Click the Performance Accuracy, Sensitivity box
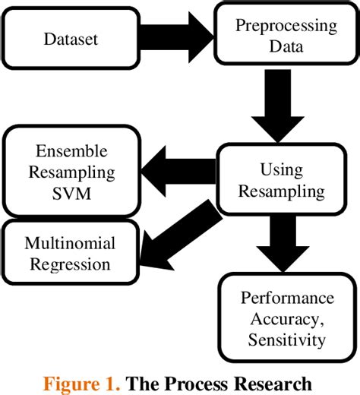pos(287,318)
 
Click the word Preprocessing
pos(286,26)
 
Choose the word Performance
pos(287,296)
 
